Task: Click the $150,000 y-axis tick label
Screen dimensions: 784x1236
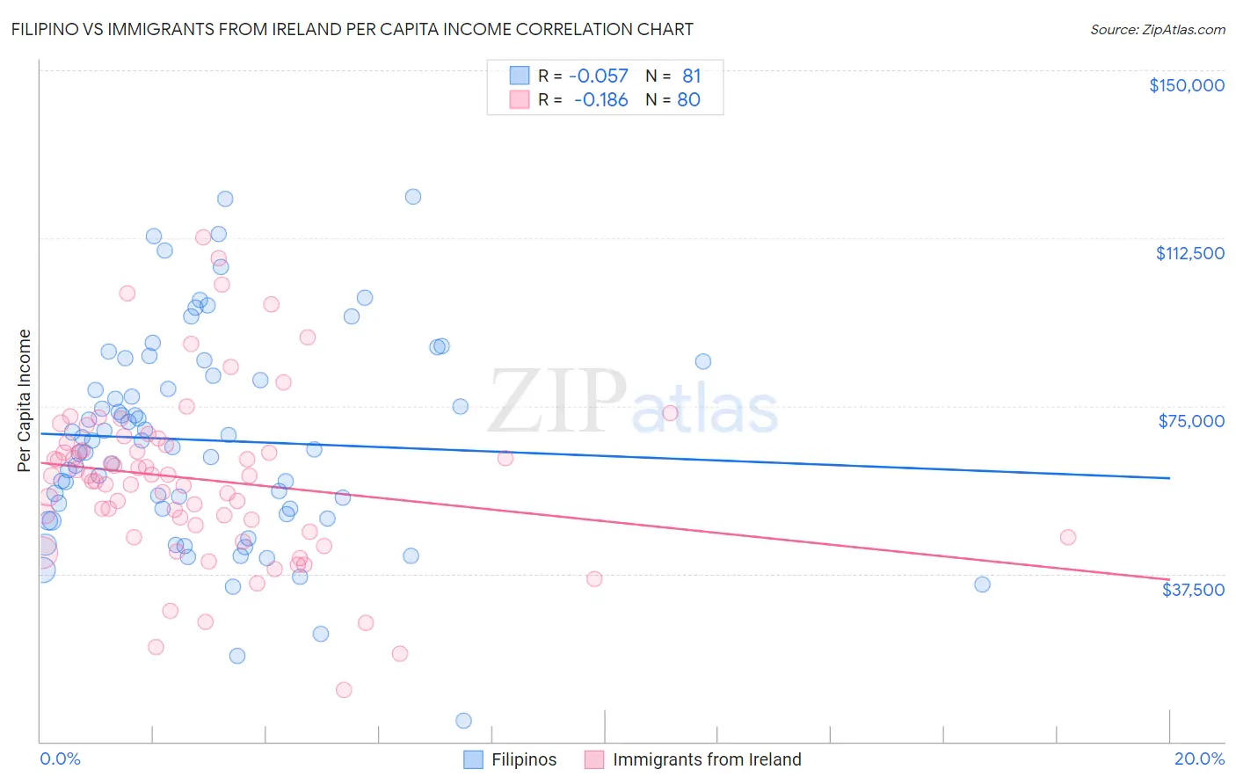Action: [1186, 85]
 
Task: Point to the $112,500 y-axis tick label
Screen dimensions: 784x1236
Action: [1189, 253]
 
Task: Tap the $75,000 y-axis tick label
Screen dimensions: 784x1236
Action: [1191, 421]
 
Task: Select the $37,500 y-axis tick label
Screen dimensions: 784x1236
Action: [1193, 589]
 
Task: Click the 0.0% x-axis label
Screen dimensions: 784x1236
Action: [60, 759]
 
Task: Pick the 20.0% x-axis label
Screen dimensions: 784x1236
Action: [1199, 759]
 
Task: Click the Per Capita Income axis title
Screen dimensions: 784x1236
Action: [25, 400]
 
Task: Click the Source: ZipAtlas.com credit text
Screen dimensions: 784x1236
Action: [1157, 29]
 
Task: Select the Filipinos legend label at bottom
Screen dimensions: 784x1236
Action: [524, 759]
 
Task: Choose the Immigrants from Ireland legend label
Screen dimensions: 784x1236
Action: [707, 759]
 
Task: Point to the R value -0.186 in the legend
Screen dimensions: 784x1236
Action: [601, 100]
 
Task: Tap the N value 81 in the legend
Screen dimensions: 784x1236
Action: [691, 76]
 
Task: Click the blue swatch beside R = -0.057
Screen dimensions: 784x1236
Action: [520, 76]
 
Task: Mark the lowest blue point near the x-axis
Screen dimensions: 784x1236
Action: [463, 721]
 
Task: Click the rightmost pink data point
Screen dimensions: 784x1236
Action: [1068, 537]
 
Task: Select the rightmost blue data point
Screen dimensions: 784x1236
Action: [982, 584]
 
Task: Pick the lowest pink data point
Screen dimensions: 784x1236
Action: [344, 690]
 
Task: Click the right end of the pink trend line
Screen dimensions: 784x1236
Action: [1169, 579]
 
